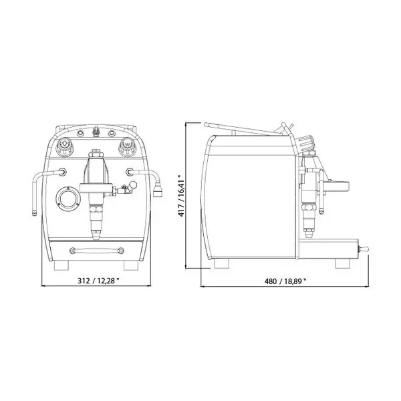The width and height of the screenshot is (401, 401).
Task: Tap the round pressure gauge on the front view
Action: click(x=67, y=198)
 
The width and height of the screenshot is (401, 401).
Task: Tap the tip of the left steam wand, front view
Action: click(x=33, y=213)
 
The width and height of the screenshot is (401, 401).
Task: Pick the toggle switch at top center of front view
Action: click(x=96, y=131)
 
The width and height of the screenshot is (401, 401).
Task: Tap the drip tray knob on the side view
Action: click(x=366, y=251)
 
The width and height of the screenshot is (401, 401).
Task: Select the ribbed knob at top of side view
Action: click(x=306, y=142)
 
